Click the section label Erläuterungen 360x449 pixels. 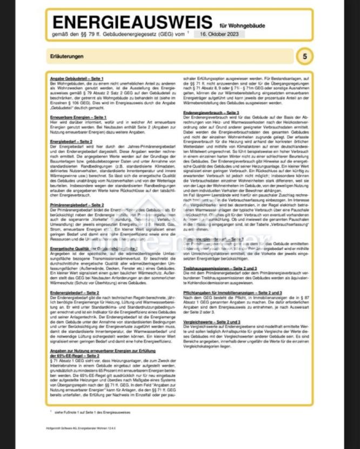68,56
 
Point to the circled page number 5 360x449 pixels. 305,56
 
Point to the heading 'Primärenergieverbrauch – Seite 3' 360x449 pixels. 216,239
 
